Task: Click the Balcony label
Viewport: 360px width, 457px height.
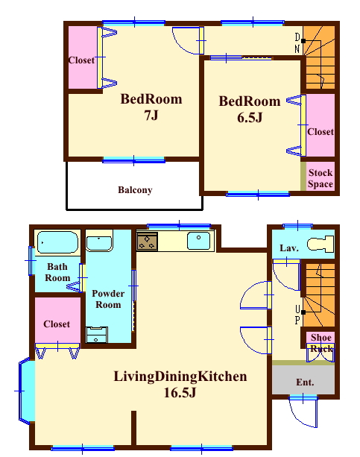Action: pyautogui.click(x=135, y=190)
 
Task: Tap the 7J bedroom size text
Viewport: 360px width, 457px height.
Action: pyautogui.click(x=151, y=116)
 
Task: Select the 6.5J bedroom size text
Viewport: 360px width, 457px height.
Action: pyautogui.click(x=250, y=118)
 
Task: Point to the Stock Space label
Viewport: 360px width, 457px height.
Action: pyautogui.click(x=320, y=178)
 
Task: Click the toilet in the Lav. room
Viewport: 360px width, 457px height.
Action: pyautogui.click(x=320, y=244)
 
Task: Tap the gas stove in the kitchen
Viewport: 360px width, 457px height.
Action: pyautogui.click(x=148, y=242)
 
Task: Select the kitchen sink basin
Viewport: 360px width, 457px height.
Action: pyautogui.click(x=198, y=241)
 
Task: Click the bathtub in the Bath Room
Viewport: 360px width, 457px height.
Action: pyautogui.click(x=57, y=242)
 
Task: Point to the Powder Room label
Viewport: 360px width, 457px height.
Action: pyautogui.click(x=108, y=299)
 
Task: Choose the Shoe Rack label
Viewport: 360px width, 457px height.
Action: pyautogui.click(x=321, y=343)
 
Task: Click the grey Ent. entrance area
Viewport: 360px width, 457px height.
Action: pyautogui.click(x=303, y=379)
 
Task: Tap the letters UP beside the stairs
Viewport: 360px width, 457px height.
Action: pyautogui.click(x=297, y=315)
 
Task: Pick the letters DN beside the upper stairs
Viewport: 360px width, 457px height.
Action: pyautogui.click(x=297, y=43)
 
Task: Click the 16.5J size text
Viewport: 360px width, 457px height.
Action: pyautogui.click(x=180, y=393)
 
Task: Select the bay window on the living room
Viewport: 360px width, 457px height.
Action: pyautogui.click(x=25, y=391)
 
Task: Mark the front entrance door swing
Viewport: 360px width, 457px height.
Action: pyautogui.click(x=303, y=412)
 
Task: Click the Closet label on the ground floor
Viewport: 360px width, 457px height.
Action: pyautogui.click(x=57, y=324)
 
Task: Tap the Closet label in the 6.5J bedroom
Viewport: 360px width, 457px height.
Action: pyautogui.click(x=320, y=132)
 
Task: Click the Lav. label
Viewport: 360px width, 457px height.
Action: pyautogui.click(x=289, y=248)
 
